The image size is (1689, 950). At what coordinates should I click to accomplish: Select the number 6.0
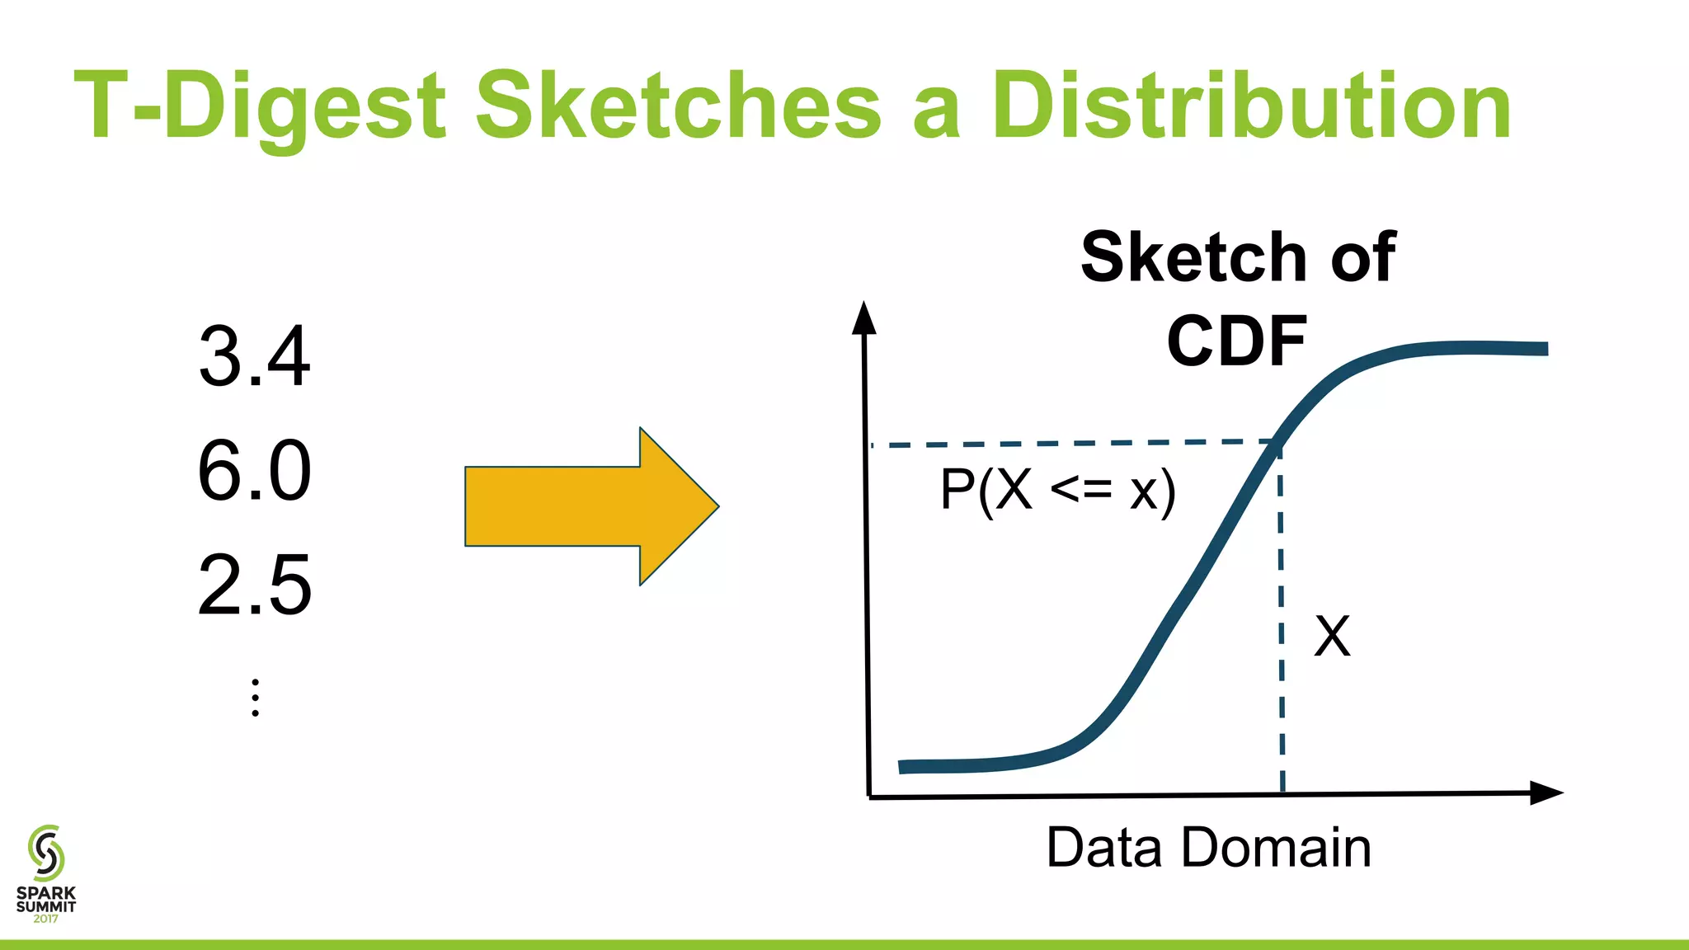click(x=254, y=471)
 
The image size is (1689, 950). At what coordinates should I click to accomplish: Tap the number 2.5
click(x=254, y=586)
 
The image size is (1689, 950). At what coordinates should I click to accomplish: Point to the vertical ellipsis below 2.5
click(x=256, y=698)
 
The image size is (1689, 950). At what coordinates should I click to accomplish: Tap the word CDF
click(x=1236, y=341)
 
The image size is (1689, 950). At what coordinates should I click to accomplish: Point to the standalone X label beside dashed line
click(x=1332, y=636)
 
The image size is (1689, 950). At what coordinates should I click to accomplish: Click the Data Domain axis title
click(x=1208, y=847)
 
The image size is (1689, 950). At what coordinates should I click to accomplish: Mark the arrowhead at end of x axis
click(x=1546, y=793)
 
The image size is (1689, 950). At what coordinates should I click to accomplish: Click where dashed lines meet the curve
click(x=1278, y=444)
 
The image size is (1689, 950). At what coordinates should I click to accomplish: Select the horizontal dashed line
click(x=1072, y=444)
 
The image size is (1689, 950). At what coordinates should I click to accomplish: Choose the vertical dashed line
click(x=1281, y=618)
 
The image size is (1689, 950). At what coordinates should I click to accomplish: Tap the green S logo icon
click(x=46, y=853)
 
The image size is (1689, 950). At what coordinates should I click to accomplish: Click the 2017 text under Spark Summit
click(x=46, y=919)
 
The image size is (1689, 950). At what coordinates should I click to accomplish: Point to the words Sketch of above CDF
click(x=1237, y=257)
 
